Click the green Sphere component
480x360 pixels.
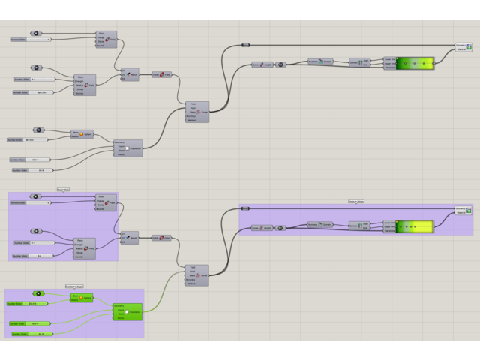(82, 298)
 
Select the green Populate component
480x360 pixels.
(127, 310)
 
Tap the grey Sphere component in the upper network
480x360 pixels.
(82, 134)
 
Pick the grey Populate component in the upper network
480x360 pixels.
(127, 148)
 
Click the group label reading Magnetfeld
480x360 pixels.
(63, 190)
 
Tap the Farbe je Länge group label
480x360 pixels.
(356, 201)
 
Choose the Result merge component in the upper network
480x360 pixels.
(129, 73)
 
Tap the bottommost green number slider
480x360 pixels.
(30, 333)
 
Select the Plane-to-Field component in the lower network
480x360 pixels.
(161, 238)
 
